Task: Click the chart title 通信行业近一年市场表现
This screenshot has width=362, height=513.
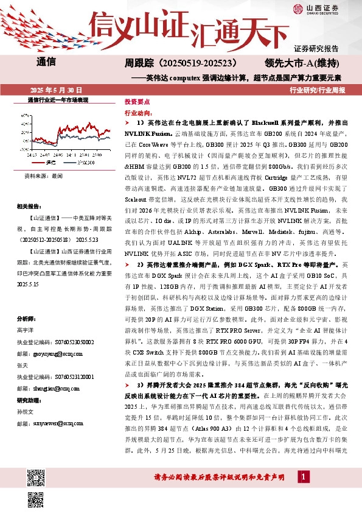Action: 58,99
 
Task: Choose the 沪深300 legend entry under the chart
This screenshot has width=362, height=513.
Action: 85,163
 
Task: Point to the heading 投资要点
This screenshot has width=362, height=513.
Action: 137,102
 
